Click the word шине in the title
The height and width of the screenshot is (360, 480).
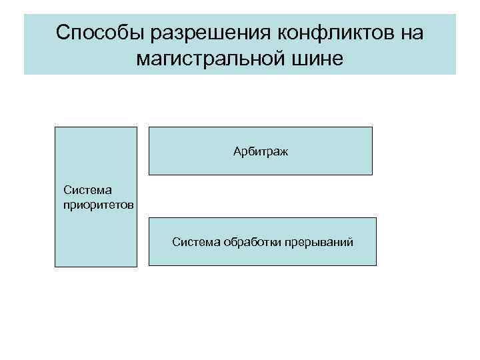tap(317, 60)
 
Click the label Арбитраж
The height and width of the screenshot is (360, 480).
tap(261, 153)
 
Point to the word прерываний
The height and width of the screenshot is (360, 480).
tap(317, 241)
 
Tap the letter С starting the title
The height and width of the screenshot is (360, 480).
tap(63, 33)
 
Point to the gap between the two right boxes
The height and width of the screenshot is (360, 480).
tap(260, 196)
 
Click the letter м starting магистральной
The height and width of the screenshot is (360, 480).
tap(141, 61)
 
